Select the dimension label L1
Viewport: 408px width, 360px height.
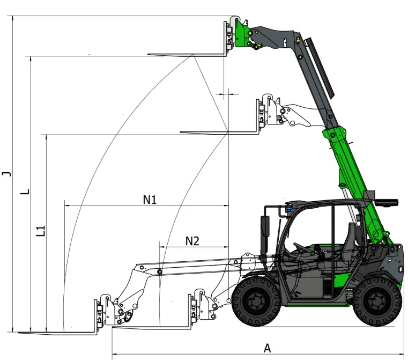click(41, 231)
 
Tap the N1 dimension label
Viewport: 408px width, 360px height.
click(150, 200)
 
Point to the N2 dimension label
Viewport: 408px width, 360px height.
click(192, 241)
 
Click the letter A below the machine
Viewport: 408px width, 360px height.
click(267, 348)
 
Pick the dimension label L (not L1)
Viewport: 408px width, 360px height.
click(25, 192)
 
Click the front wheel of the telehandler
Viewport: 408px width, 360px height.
click(256, 302)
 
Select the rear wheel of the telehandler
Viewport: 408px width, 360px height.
click(377, 302)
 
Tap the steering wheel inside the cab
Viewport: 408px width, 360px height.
click(302, 248)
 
